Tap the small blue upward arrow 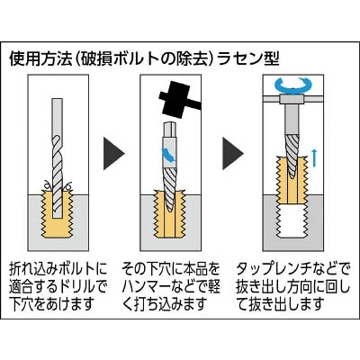tap(314, 157)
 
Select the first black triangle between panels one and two tap(113, 153)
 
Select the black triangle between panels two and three tap(233, 153)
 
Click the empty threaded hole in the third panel tap(292, 221)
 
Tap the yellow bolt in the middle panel tap(168, 214)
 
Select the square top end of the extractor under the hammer tap(169, 129)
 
